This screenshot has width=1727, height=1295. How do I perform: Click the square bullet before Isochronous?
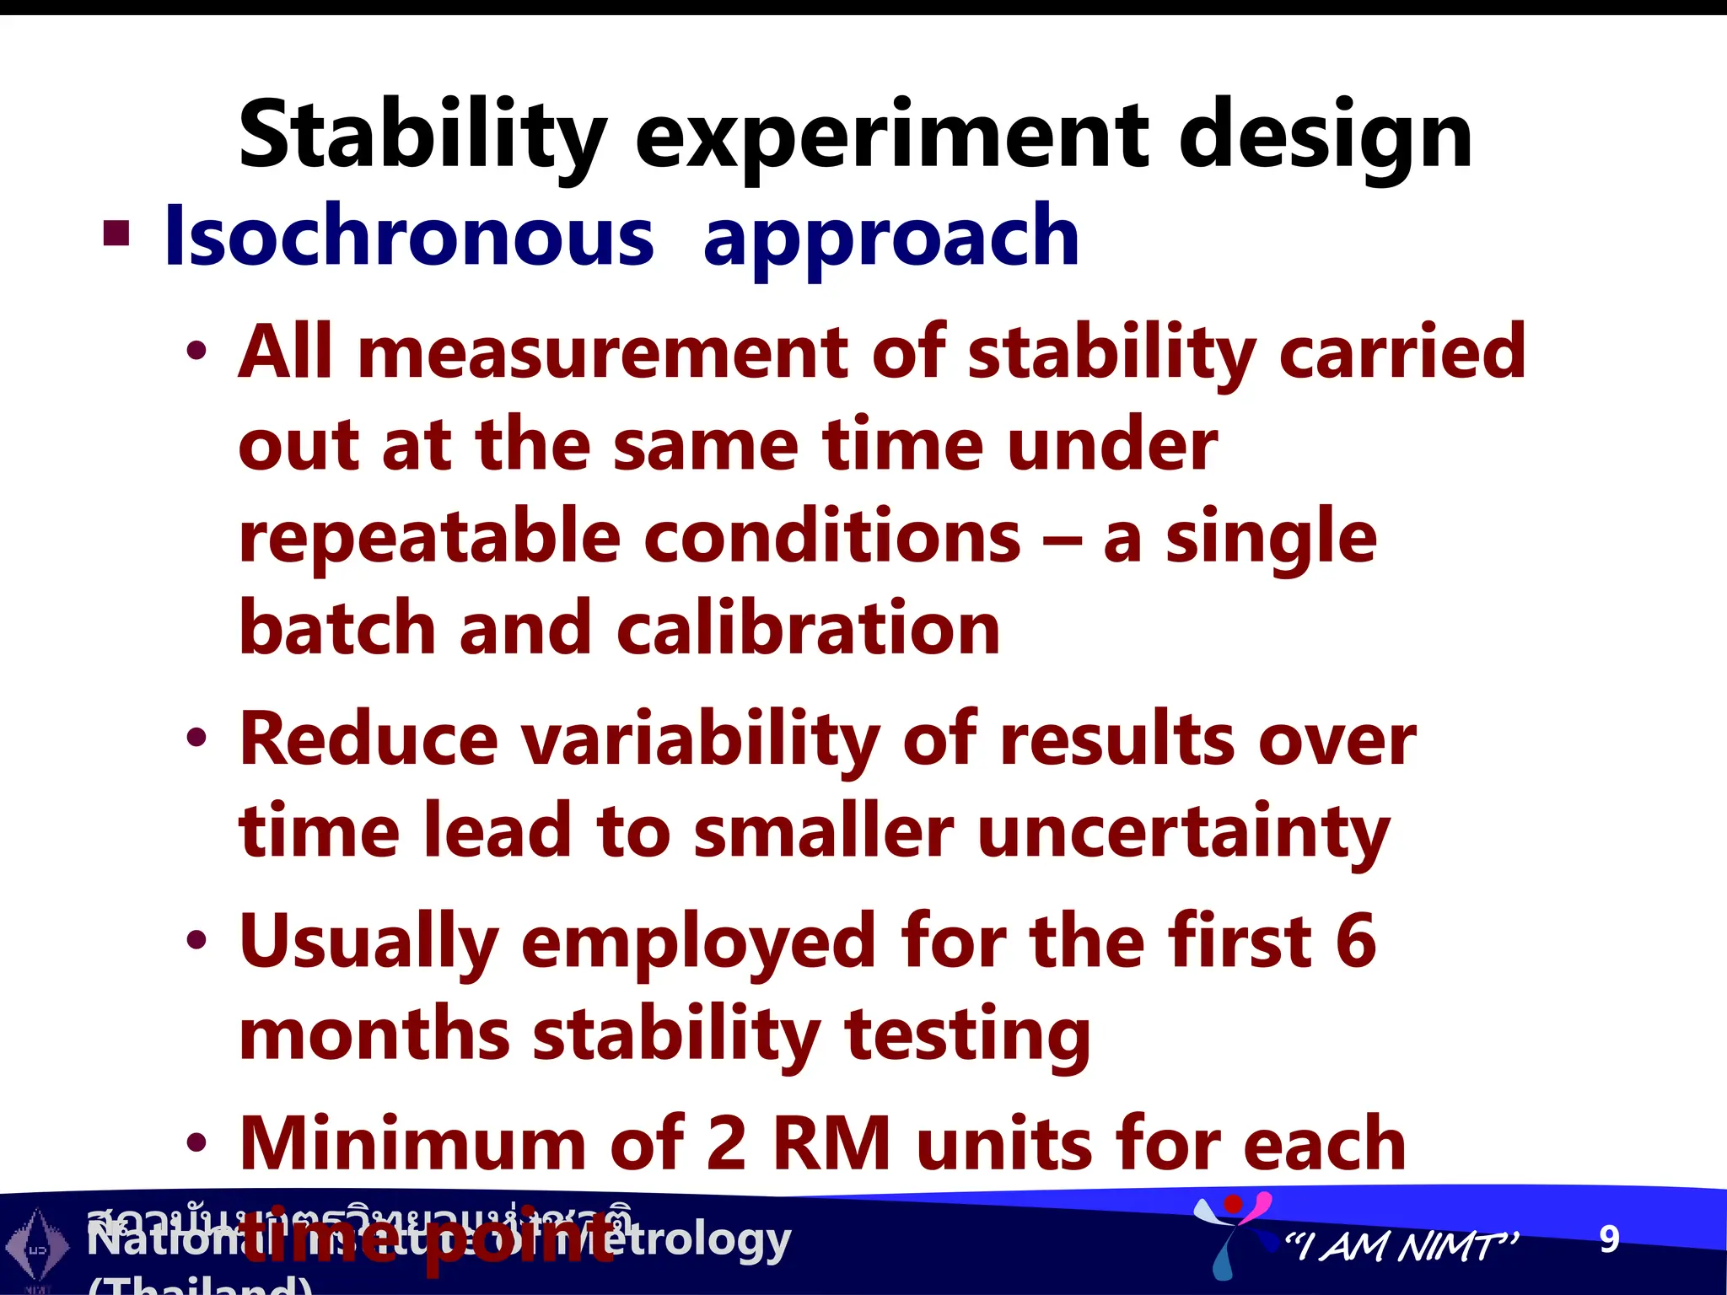point(116,234)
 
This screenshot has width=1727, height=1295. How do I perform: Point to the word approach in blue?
point(890,240)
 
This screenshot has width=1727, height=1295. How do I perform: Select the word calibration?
point(808,628)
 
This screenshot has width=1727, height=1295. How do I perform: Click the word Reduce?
point(369,739)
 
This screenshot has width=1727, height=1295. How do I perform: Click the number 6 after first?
point(1356,942)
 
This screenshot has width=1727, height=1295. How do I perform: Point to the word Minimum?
point(413,1144)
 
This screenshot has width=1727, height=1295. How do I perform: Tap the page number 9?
point(1609,1239)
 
